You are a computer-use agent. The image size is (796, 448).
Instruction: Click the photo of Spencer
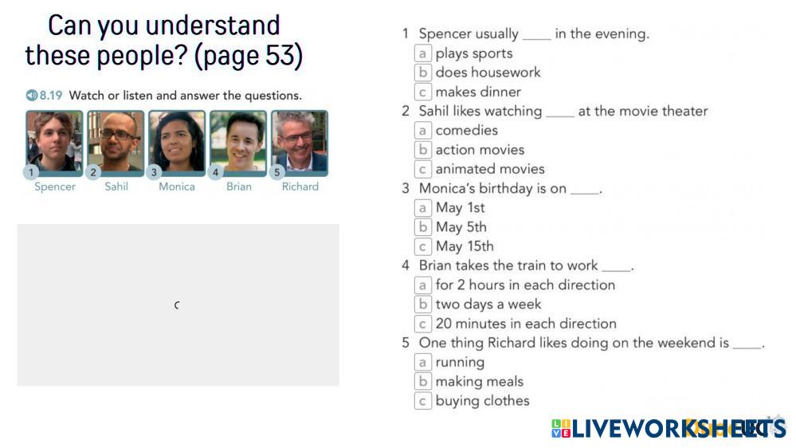point(54,143)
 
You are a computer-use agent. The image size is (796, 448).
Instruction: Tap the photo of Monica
point(177,143)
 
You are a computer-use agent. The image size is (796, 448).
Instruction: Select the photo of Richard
point(300,143)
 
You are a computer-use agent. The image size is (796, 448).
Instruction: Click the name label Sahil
point(116,187)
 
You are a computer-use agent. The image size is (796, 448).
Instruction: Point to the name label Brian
point(238,187)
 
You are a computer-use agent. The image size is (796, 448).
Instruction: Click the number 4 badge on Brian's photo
point(215,172)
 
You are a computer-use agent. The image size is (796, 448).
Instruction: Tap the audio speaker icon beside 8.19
point(32,95)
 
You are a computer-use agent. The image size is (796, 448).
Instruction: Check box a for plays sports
point(423,53)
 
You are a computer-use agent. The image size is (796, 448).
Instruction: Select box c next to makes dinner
point(423,92)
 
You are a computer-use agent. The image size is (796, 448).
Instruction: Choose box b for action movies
point(423,150)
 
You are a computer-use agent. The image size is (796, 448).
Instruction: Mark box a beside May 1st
point(423,208)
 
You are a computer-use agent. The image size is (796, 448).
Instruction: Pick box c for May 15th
point(423,246)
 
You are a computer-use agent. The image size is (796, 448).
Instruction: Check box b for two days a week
point(423,305)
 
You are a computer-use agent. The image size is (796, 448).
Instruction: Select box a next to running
point(423,362)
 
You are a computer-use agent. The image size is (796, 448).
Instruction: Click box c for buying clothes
point(423,401)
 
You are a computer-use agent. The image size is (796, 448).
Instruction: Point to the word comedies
point(467,130)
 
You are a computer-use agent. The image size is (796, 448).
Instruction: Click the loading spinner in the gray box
point(177,305)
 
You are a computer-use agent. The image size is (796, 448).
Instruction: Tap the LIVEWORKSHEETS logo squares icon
point(560,428)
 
